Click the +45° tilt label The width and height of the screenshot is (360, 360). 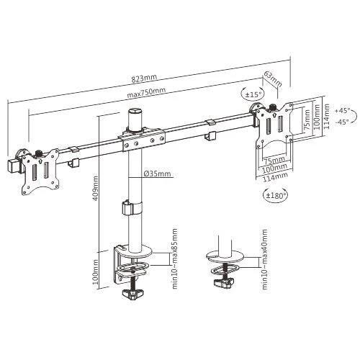(x=342, y=110)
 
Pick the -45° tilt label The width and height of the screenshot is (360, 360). (x=342, y=122)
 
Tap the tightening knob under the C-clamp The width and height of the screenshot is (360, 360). (x=131, y=294)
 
